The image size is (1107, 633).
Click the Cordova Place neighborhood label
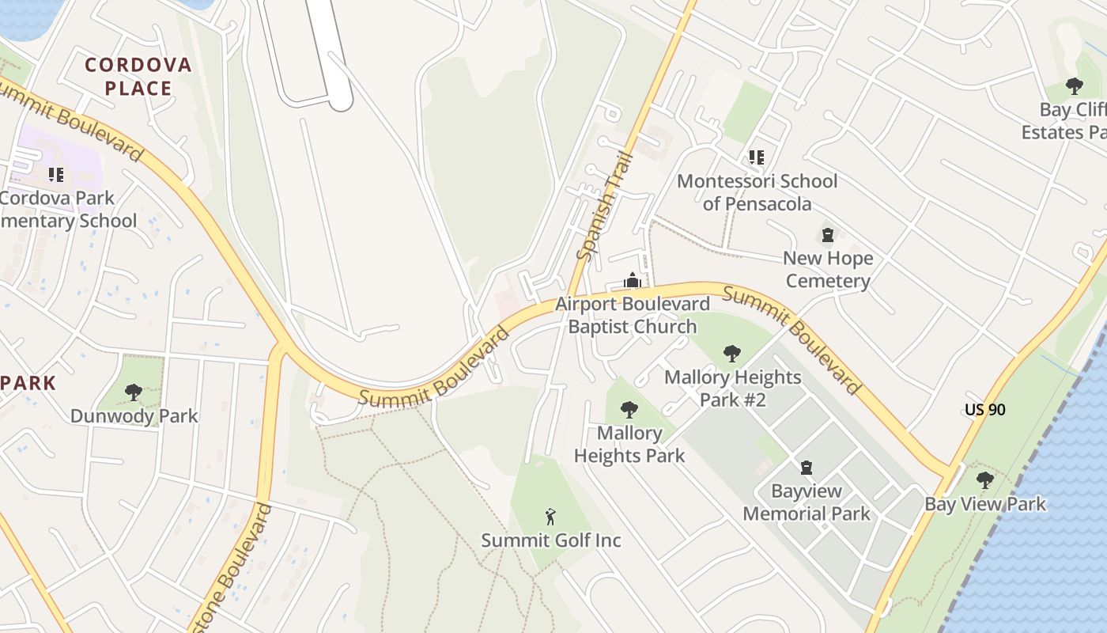click(x=138, y=76)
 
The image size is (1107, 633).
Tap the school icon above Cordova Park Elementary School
click(x=55, y=174)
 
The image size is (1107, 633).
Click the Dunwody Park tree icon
click(x=134, y=392)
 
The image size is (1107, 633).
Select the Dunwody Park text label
click(x=134, y=416)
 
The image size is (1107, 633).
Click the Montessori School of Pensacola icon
click(x=757, y=157)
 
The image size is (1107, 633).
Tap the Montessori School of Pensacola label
click(x=757, y=192)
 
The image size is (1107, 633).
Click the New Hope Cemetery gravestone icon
click(x=828, y=235)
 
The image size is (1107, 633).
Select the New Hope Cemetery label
click(x=828, y=269)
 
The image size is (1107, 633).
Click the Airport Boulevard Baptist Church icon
click(x=632, y=280)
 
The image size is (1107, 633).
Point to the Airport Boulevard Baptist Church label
click(x=632, y=315)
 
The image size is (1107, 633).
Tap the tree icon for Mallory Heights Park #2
click(x=732, y=353)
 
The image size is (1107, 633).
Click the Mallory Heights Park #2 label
click(x=732, y=388)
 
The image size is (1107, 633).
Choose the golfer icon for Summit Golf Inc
click(x=551, y=517)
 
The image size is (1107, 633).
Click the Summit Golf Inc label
click(x=551, y=540)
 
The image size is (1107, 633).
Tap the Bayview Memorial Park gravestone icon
click(x=807, y=468)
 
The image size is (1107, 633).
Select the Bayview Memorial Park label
click(x=807, y=502)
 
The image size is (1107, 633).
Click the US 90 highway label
click(x=984, y=410)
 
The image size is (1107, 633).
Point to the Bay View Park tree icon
click(x=984, y=479)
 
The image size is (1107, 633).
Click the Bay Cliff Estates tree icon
click(x=1074, y=85)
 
